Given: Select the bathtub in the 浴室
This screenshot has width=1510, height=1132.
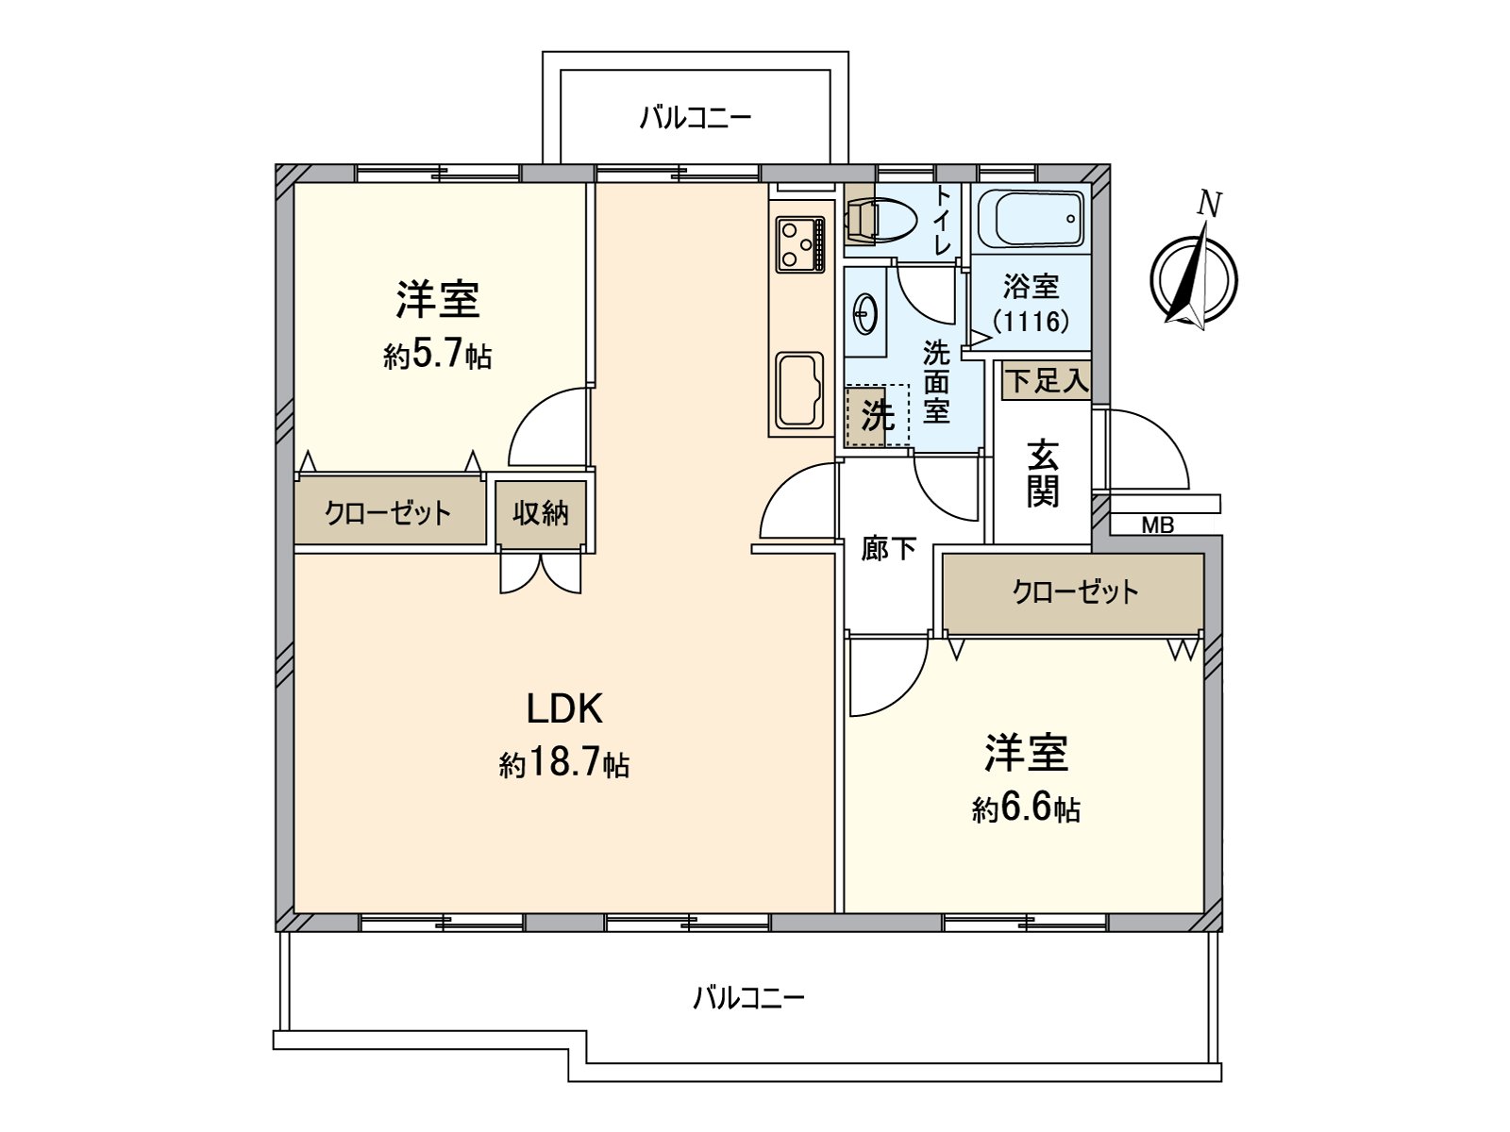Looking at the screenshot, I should pos(1030,218).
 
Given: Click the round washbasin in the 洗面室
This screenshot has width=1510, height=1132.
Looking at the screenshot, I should pos(864,311).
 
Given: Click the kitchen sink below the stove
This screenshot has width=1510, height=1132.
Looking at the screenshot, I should pos(799,389).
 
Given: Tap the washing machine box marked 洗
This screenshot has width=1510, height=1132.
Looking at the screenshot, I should pos(876,414).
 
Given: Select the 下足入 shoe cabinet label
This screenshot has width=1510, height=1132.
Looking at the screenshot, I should pos(1046,381).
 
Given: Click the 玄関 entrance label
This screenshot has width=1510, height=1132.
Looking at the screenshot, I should pos(1043,474).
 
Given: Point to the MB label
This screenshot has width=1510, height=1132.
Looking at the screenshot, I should pos(1158,525).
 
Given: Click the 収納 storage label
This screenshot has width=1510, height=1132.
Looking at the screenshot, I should pos(541,513).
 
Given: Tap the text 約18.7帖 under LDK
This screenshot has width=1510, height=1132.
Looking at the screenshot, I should pos(564,764).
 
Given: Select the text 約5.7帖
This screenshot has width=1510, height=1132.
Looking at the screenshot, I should pos(437,356).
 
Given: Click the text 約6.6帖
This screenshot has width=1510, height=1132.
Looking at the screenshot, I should pos(1026,809).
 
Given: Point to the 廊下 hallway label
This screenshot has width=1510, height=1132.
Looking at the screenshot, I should pos(889,549).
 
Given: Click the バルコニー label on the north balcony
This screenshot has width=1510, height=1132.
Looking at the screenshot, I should pos(696,118).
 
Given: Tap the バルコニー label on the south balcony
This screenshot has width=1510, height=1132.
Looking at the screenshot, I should pos(748,998).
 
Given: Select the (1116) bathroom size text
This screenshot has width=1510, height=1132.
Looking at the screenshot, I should pos(1032,322).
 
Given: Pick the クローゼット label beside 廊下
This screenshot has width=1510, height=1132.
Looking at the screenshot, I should pos(1075,592).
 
